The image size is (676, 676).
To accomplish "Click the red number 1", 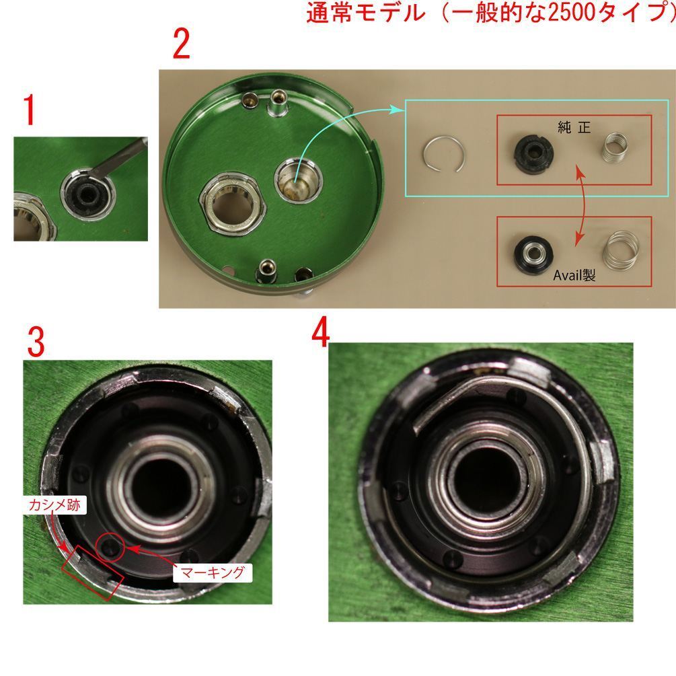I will click(x=28, y=111).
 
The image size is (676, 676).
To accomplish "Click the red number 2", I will click(x=181, y=46).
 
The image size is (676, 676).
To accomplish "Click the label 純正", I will click(x=574, y=126).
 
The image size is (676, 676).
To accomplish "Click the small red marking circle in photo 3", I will click(x=110, y=547).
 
